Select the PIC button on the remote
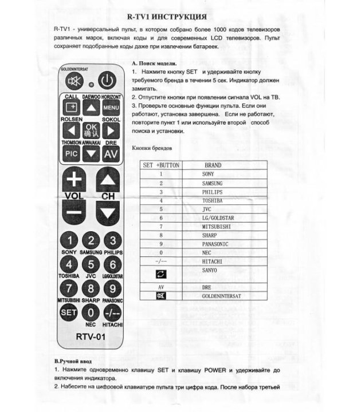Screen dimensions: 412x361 pos(71,153)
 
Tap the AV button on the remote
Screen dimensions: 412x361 pos(110,153)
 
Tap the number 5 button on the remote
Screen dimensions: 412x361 pos(91,264)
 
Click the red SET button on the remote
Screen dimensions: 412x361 pos(69,312)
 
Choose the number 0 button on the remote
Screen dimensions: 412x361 pos(91,312)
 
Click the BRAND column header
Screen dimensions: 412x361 pos(212,165)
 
